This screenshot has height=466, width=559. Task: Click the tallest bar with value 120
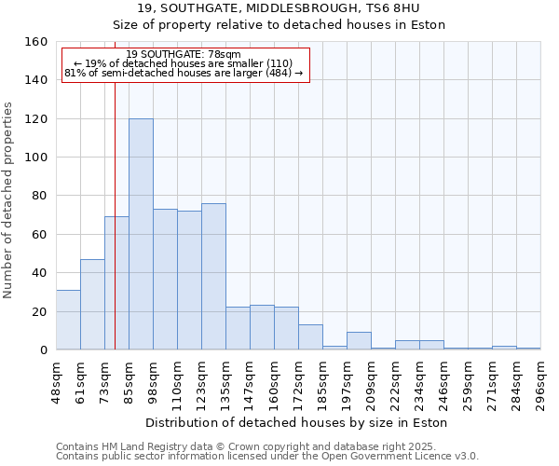pos(141,234)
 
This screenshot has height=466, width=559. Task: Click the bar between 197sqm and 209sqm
pos(359,341)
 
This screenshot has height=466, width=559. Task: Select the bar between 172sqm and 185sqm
pos(310,336)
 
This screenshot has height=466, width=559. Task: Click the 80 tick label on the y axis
pos(40,196)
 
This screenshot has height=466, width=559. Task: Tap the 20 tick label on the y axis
pos(40,311)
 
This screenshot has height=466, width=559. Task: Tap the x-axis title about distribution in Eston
pos(297,422)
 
